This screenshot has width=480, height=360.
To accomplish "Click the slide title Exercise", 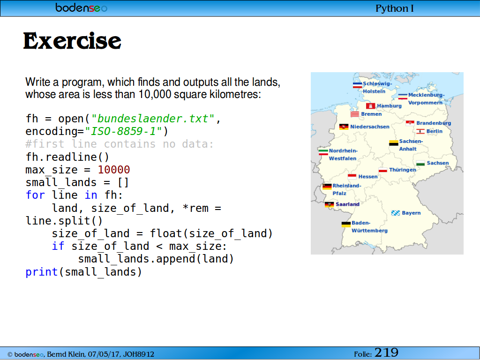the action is tap(72, 41).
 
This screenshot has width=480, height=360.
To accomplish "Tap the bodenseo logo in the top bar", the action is tap(82, 7).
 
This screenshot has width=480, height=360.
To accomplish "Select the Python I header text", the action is tap(395, 8).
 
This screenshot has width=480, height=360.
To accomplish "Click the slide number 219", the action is tap(386, 352).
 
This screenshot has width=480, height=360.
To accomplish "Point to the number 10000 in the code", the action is tap(114, 170).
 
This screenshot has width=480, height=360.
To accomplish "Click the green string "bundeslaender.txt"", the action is tap(153, 119).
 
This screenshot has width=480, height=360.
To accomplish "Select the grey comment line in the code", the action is tap(120, 144).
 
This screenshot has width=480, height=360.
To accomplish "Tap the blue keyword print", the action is tap(42, 272).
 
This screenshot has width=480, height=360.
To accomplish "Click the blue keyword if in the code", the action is tap(58, 246).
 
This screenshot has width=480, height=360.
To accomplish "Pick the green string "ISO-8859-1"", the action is tap(123, 131).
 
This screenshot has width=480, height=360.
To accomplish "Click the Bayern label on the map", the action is tap(411, 213).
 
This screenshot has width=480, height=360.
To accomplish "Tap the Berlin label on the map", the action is tap(435, 131).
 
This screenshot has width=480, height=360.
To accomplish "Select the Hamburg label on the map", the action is tap(389, 106).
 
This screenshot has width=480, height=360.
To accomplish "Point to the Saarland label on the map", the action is tap(347, 204).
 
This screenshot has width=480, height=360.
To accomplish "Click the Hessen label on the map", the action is tap(368, 177).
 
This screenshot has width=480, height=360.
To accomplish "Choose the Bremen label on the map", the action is tap(371, 114).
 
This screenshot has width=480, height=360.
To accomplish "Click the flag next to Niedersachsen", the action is tap(344, 127).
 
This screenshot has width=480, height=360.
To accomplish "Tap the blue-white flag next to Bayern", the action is tap(396, 213).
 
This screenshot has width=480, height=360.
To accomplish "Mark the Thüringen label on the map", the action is tap(403, 170).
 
